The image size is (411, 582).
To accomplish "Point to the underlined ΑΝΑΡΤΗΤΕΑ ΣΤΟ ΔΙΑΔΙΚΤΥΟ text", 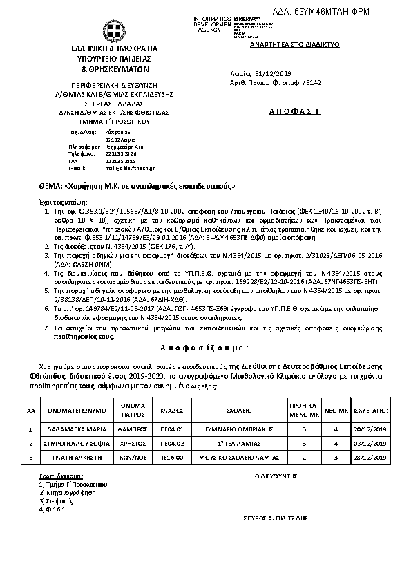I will point(284,42).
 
